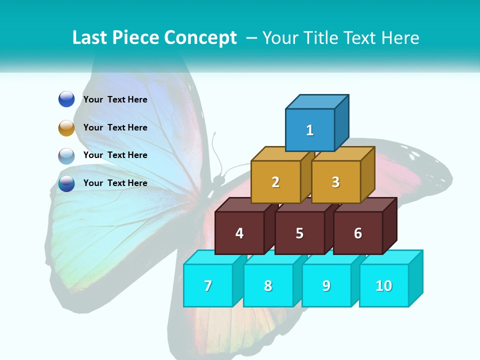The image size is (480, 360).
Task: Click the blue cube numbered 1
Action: [x=310, y=130]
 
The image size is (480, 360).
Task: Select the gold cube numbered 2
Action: [x=275, y=182]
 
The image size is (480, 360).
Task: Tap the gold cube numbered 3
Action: [x=335, y=182]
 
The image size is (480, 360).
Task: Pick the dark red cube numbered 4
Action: [x=239, y=233]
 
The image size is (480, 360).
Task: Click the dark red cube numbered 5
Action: [x=299, y=233]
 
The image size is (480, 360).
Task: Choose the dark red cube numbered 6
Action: [x=358, y=233]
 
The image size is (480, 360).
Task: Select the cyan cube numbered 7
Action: [x=208, y=285]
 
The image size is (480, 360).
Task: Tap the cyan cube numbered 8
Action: [x=268, y=285]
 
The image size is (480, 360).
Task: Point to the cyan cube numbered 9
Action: [x=326, y=285]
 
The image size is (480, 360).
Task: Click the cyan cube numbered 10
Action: [x=383, y=285]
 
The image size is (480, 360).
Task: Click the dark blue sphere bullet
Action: [x=66, y=99]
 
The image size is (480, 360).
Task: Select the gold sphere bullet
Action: [x=66, y=127]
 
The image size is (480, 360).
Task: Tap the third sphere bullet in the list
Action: [x=66, y=155]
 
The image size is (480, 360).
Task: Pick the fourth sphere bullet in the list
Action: [x=66, y=183]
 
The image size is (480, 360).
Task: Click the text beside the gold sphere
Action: [x=115, y=127]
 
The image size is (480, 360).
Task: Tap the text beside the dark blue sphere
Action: [x=115, y=99]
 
